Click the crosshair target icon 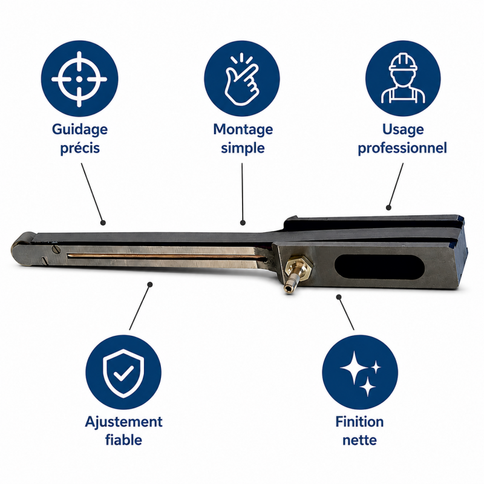[x=79, y=79]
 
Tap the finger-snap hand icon [x=241, y=80]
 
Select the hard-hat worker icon [x=403, y=78]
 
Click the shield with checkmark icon [x=123, y=373]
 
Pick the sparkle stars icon [x=360, y=373]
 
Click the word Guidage [x=80, y=129]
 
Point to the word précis [x=80, y=148]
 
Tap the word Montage [x=243, y=129]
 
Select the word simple [x=243, y=148]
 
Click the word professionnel [x=402, y=148]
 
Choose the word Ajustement [x=123, y=422]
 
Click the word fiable [x=123, y=440]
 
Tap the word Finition [x=359, y=422]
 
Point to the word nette [x=359, y=440]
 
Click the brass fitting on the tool [x=295, y=273]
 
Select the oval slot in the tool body [x=380, y=267]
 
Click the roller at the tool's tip [x=22, y=248]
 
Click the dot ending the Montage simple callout [x=243, y=223]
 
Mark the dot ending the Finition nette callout [x=339, y=297]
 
